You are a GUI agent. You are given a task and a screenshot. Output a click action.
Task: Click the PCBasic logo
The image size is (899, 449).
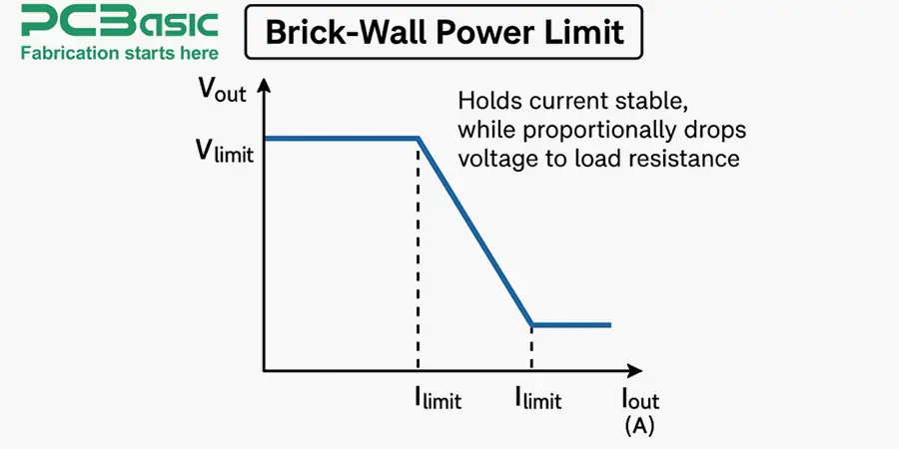click(x=119, y=21)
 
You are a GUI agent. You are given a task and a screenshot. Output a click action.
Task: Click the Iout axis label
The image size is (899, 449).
click(x=639, y=400)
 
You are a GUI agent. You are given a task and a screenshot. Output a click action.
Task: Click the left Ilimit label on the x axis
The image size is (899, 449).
click(x=438, y=400)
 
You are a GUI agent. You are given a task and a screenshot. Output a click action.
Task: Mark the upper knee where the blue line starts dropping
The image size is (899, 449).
click(x=419, y=138)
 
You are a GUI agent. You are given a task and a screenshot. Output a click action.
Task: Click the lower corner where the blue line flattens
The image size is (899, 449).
click(x=531, y=324)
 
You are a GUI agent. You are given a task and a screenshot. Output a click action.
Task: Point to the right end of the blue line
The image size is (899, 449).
click(x=609, y=324)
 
